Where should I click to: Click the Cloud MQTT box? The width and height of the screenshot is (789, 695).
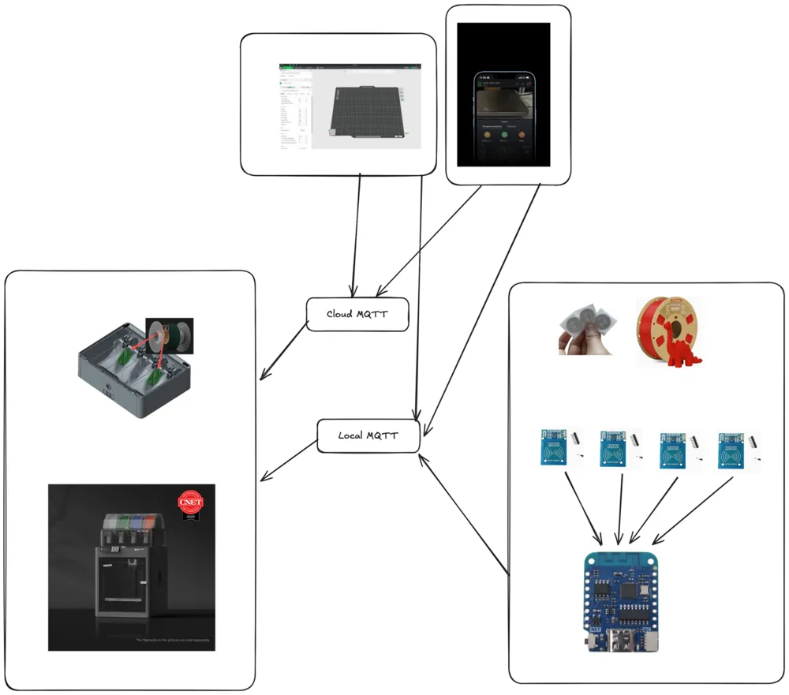[357, 314]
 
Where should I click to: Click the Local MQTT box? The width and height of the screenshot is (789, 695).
[368, 435]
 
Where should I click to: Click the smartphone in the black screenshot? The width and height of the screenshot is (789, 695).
[504, 118]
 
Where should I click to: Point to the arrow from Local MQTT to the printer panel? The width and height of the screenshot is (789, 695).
[288, 461]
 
